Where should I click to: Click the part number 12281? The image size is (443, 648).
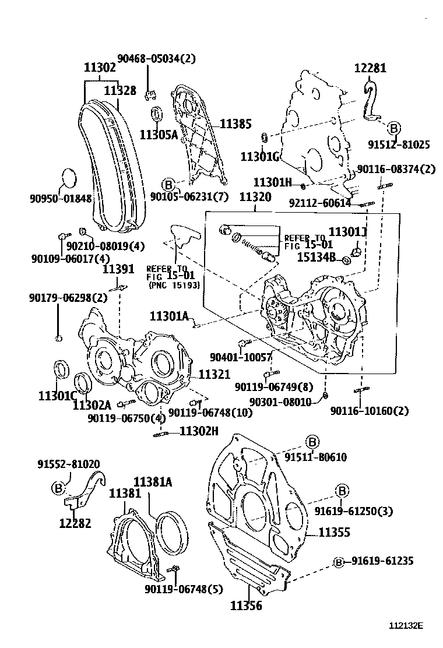[x=370, y=68]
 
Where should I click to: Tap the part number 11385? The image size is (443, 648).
[x=235, y=124]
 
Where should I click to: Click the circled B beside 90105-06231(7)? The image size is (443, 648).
[x=168, y=185]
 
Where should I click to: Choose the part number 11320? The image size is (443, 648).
[x=255, y=197]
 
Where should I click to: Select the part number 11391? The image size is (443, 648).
[x=119, y=269]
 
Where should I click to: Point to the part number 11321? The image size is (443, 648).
[x=214, y=374]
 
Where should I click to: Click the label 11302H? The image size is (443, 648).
[x=199, y=431]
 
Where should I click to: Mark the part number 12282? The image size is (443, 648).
[x=75, y=523]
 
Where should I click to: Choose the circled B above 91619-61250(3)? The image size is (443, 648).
[x=342, y=489]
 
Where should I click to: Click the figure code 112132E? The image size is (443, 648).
[x=406, y=626]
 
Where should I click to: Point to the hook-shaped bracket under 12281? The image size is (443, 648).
[x=370, y=102]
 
